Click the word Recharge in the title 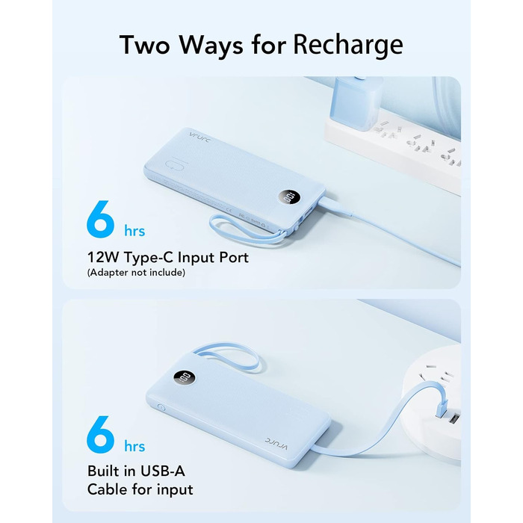[348, 46]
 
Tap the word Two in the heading [144, 44]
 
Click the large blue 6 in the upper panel [101, 219]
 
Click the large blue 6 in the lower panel [101, 434]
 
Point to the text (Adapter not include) [136, 273]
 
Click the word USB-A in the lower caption [163, 471]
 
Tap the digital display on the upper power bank [288, 198]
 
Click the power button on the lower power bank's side [161, 408]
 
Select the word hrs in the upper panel [134, 231]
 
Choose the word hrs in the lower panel [134, 446]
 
